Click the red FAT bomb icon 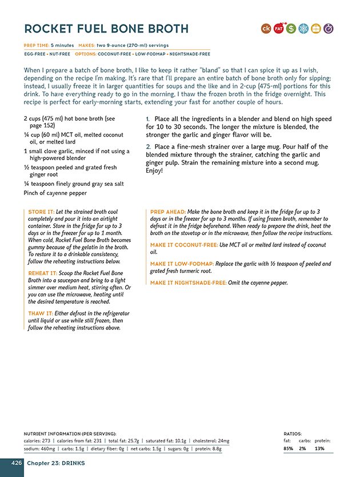[x=279, y=28]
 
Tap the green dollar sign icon [x=291, y=28]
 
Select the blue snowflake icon [x=304, y=28]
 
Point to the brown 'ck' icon [x=266, y=28]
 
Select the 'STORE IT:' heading [x=41, y=212]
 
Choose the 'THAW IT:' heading [x=40, y=313]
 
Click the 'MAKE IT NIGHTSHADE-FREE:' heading [x=188, y=283]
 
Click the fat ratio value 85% [x=289, y=448]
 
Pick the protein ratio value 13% [x=319, y=448]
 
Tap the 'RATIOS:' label [x=293, y=434]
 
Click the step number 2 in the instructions [x=148, y=147]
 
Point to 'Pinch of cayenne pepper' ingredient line [x=55, y=193]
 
